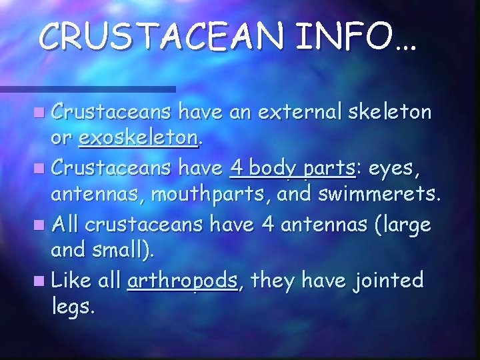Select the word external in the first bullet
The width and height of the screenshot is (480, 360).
[289, 113]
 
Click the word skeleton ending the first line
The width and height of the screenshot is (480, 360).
[389, 113]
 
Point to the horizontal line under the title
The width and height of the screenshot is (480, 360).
[87, 88]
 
